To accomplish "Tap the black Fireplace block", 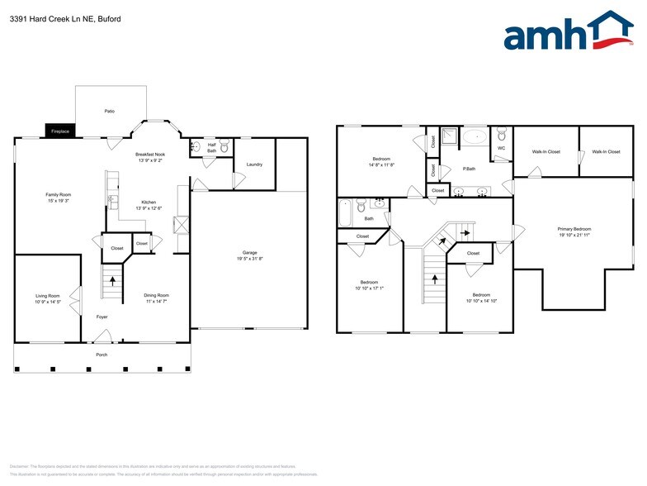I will click(60, 131).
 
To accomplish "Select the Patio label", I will click(109, 110).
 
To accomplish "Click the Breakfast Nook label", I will click(150, 155).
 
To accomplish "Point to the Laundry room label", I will click(254, 164).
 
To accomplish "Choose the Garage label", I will click(249, 252).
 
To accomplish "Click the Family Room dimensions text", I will click(58, 200).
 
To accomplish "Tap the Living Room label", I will click(47, 296).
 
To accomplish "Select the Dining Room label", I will click(157, 296).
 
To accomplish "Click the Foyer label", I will click(102, 317).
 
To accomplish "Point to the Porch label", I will click(102, 355).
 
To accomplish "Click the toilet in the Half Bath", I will click(224, 147).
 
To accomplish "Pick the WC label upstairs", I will click(501, 149).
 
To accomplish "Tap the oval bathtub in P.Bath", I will click(475, 136).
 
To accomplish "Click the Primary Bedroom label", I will click(574, 229).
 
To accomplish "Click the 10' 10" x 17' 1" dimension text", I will click(369, 288).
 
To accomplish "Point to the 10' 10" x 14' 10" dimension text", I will click(481, 301).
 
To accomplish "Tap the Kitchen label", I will click(149, 202).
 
